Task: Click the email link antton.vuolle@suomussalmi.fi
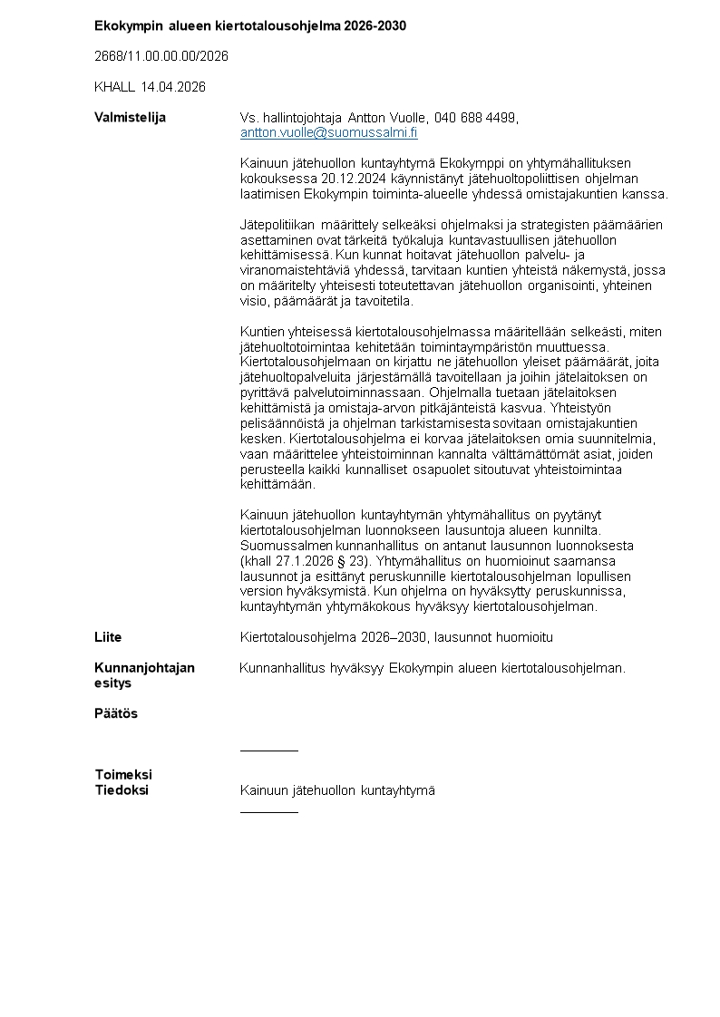(328, 132)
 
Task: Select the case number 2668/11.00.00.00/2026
(161, 56)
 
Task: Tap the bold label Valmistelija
(130, 118)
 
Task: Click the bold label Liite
(108, 637)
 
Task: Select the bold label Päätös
(116, 713)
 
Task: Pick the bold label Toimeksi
(123, 775)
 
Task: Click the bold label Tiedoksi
(122, 790)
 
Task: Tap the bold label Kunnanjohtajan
(144, 668)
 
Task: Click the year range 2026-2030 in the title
(375, 25)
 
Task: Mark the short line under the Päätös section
(268, 751)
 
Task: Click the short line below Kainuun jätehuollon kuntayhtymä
(268, 812)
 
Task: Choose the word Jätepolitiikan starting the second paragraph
(277, 225)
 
